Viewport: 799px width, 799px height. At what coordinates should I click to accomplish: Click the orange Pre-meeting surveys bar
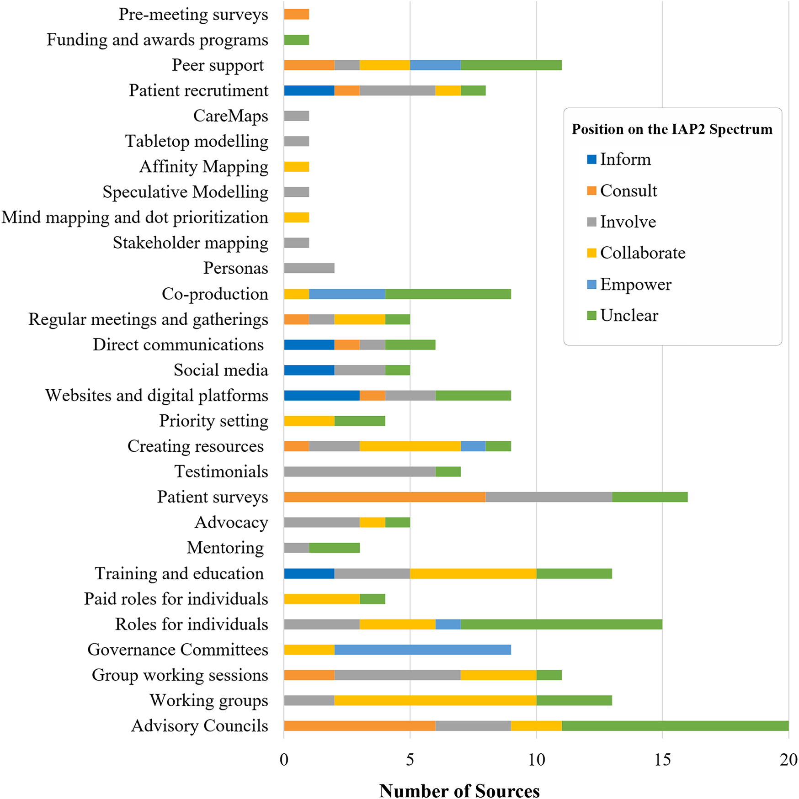click(296, 14)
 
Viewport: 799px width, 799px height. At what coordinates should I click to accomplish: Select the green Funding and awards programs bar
click(296, 40)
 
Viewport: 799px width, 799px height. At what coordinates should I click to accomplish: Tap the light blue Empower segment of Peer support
click(435, 65)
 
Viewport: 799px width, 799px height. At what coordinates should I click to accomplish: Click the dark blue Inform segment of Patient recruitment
click(309, 90)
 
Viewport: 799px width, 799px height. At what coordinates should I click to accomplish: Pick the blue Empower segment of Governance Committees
click(422, 650)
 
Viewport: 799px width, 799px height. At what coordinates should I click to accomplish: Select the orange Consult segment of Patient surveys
click(384, 497)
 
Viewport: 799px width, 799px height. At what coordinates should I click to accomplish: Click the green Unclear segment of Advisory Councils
click(675, 726)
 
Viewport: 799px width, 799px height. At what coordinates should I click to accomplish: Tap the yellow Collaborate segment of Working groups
click(435, 700)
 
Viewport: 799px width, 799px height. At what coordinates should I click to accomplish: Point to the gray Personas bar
click(309, 268)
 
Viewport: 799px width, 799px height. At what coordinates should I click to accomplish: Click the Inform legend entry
click(625, 159)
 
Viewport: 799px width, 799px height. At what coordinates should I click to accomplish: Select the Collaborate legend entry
click(642, 253)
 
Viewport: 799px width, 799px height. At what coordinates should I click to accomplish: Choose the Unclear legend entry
click(629, 316)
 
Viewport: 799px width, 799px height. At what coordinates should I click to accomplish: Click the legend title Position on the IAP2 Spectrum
click(672, 129)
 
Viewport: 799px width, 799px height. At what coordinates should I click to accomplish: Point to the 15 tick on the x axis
click(662, 760)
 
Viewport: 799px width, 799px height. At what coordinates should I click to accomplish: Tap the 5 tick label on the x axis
click(410, 760)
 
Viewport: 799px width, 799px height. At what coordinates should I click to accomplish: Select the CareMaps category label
click(230, 116)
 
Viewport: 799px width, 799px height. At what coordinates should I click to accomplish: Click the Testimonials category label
click(221, 471)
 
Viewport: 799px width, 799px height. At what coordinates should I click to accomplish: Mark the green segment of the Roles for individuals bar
click(561, 624)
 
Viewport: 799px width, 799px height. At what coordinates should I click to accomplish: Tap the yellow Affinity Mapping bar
click(296, 167)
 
